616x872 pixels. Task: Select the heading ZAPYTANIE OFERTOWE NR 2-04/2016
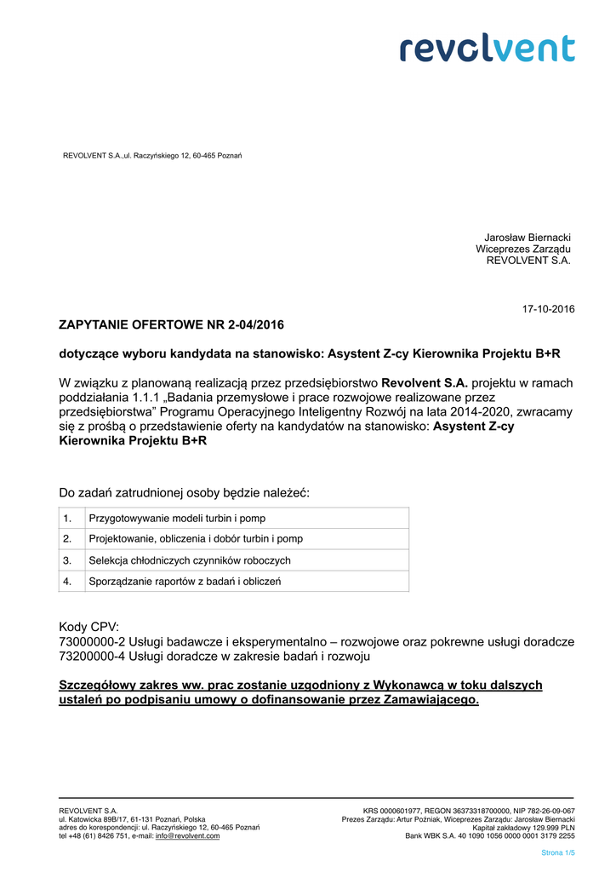pyautogui.click(x=171, y=324)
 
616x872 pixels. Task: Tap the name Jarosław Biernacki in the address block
pyautogui.click(x=528, y=237)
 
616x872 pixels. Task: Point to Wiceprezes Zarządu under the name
pyautogui.click(x=523, y=249)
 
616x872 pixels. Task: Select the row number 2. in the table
pyautogui.click(x=67, y=539)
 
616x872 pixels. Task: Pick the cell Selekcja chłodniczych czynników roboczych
pyautogui.click(x=190, y=560)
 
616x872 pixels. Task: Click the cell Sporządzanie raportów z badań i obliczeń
pyautogui.click(x=185, y=581)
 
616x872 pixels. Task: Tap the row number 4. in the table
pyautogui.click(x=67, y=581)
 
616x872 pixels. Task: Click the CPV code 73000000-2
pyautogui.click(x=93, y=641)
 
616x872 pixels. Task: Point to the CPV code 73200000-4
pyautogui.click(x=93, y=657)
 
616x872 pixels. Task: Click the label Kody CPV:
pyautogui.click(x=89, y=626)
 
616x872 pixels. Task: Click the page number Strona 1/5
pyautogui.click(x=558, y=852)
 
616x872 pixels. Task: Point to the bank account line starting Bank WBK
pyautogui.click(x=489, y=836)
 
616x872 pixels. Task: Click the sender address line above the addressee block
pyautogui.click(x=153, y=155)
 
